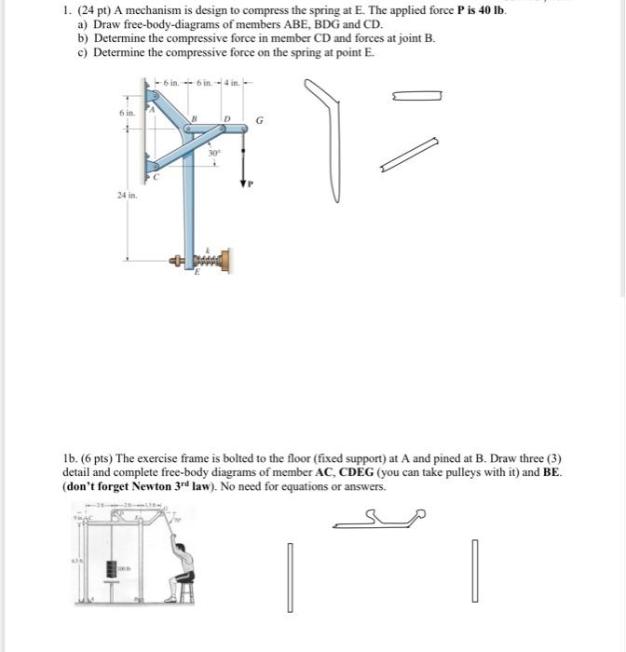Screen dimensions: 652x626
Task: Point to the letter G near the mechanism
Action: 259,121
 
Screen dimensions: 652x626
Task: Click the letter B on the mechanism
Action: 194,118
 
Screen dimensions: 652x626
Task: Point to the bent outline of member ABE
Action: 338,140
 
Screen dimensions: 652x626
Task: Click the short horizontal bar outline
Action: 416,95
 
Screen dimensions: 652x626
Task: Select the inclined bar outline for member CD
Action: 409,155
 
